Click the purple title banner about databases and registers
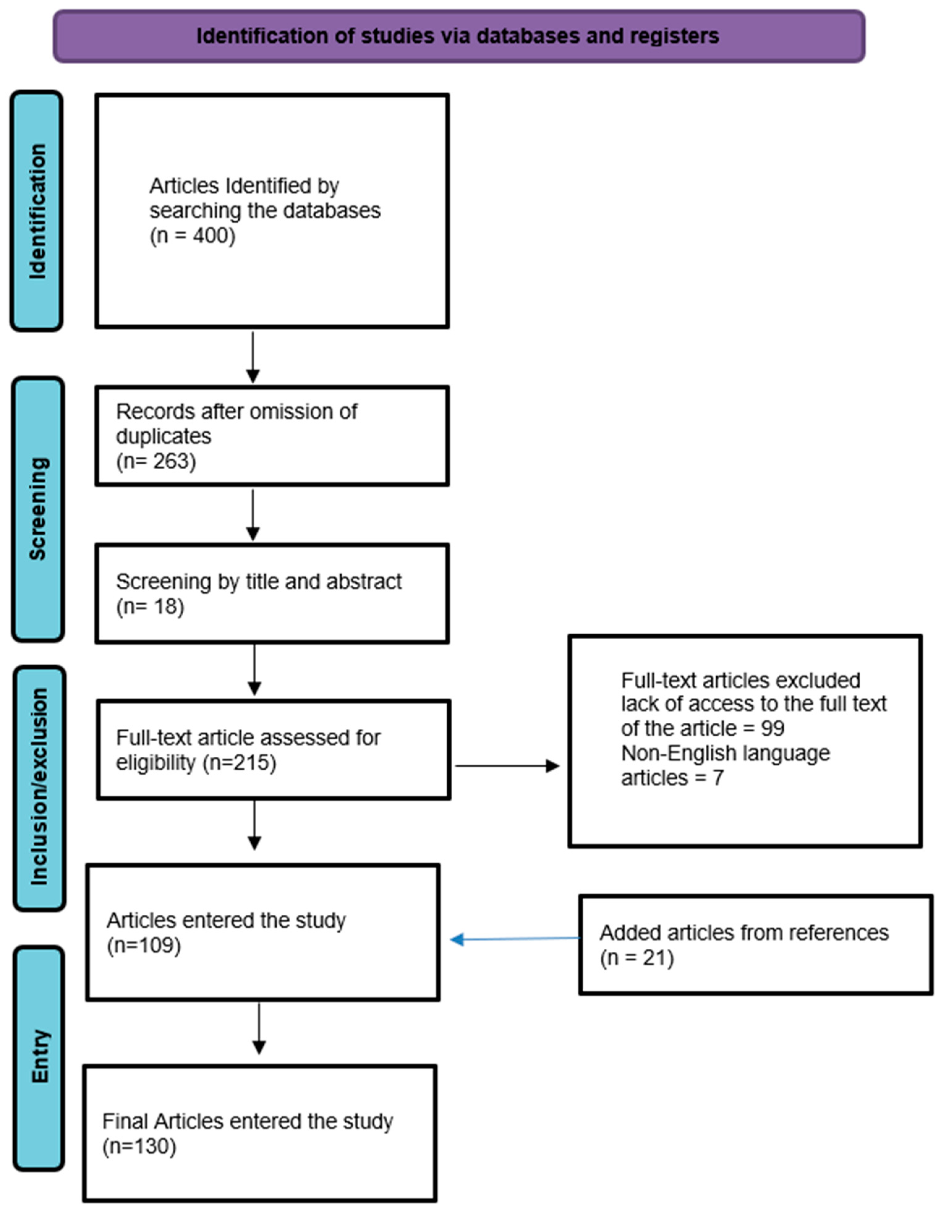(458, 36)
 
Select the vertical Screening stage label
(38, 509)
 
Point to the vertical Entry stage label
(39, 1056)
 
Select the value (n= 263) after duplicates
(156, 461)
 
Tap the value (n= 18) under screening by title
(150, 606)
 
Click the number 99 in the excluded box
(772, 728)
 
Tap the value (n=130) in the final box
(139, 1146)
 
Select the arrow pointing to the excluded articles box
(507, 766)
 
